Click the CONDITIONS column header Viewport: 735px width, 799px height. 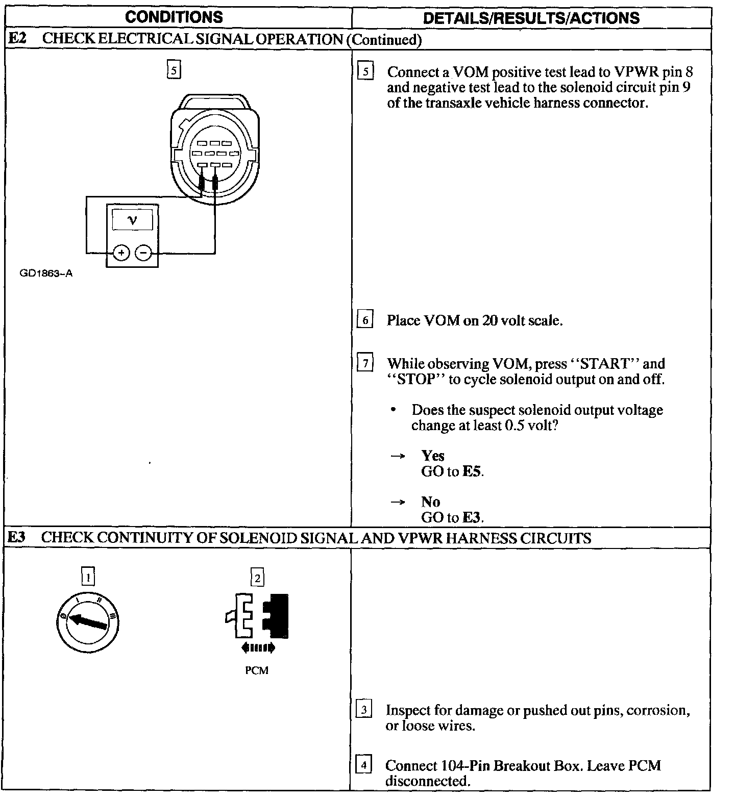[x=174, y=17]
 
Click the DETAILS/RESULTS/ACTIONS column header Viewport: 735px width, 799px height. [x=531, y=18]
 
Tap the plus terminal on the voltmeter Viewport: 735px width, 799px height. [x=121, y=253]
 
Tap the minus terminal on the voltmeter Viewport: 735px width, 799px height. [x=144, y=253]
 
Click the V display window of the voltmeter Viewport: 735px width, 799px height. [x=133, y=220]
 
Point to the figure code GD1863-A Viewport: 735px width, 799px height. [x=46, y=273]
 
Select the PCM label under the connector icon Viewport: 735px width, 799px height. [x=257, y=670]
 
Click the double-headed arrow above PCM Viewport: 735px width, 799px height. [x=258, y=648]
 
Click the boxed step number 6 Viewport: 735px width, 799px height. [x=365, y=320]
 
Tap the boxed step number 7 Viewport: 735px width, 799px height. [x=365, y=364]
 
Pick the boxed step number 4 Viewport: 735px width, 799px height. [x=363, y=765]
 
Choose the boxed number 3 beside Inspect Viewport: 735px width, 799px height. [x=363, y=710]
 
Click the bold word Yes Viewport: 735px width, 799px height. [x=433, y=456]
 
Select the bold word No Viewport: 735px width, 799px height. [x=431, y=502]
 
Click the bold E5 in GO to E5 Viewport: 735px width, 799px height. [x=472, y=471]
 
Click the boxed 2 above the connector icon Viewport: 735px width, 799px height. [x=257, y=578]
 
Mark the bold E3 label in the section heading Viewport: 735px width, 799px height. [x=17, y=538]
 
